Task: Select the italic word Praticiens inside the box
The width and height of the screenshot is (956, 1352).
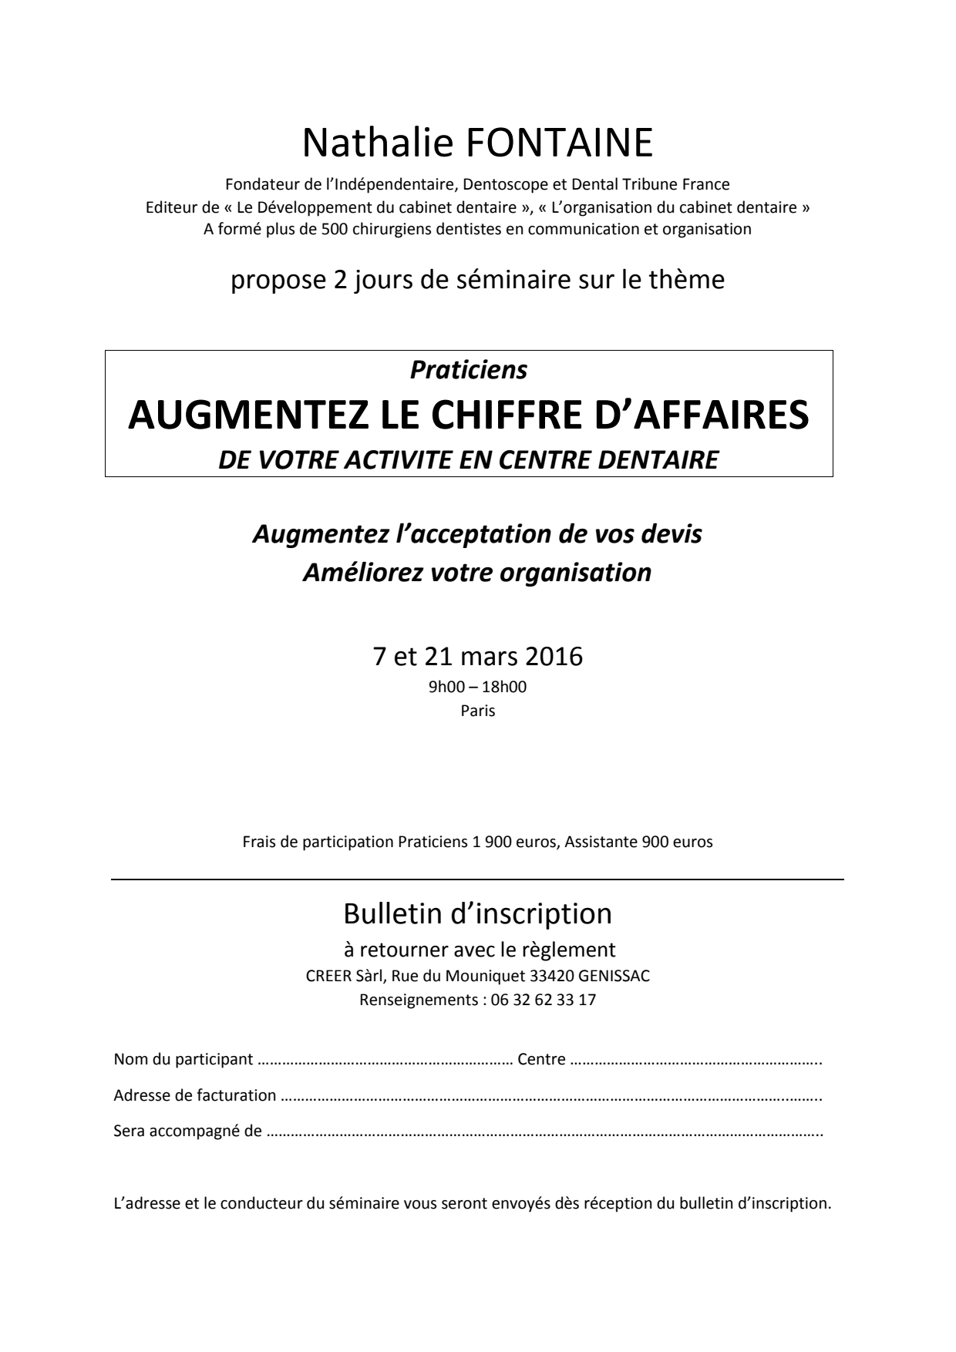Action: click(x=469, y=370)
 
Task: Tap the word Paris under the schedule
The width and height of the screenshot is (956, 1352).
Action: click(x=478, y=711)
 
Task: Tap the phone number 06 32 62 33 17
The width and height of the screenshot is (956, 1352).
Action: click(x=544, y=1001)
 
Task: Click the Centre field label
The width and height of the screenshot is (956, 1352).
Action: click(x=541, y=1059)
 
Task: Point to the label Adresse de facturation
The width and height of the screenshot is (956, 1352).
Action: click(x=195, y=1095)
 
